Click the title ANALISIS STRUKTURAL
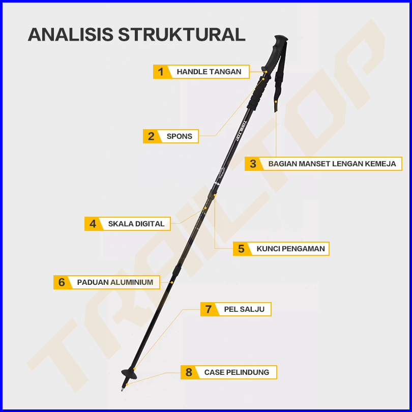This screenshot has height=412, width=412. point(137,34)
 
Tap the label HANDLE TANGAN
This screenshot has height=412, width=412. point(209,72)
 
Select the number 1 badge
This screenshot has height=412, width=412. point(161,72)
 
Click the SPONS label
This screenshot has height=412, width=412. point(180,136)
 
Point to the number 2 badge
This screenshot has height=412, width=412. point(151,136)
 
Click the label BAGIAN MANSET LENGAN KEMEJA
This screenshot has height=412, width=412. point(332,164)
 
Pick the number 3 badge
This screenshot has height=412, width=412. point(253,164)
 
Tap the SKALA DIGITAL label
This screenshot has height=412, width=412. point(136,224)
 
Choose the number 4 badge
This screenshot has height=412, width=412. point(93,224)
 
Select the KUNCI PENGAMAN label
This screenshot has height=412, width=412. point(290,249)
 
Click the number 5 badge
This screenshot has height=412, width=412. point(241,249)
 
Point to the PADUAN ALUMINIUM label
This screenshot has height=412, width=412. point(115,282)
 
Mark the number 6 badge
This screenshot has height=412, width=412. point(62,282)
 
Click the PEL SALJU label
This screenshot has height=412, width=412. point(244,309)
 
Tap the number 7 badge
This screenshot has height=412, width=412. point(209,309)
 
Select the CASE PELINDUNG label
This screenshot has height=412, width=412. point(237,372)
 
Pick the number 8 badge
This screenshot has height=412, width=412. point(189,372)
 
